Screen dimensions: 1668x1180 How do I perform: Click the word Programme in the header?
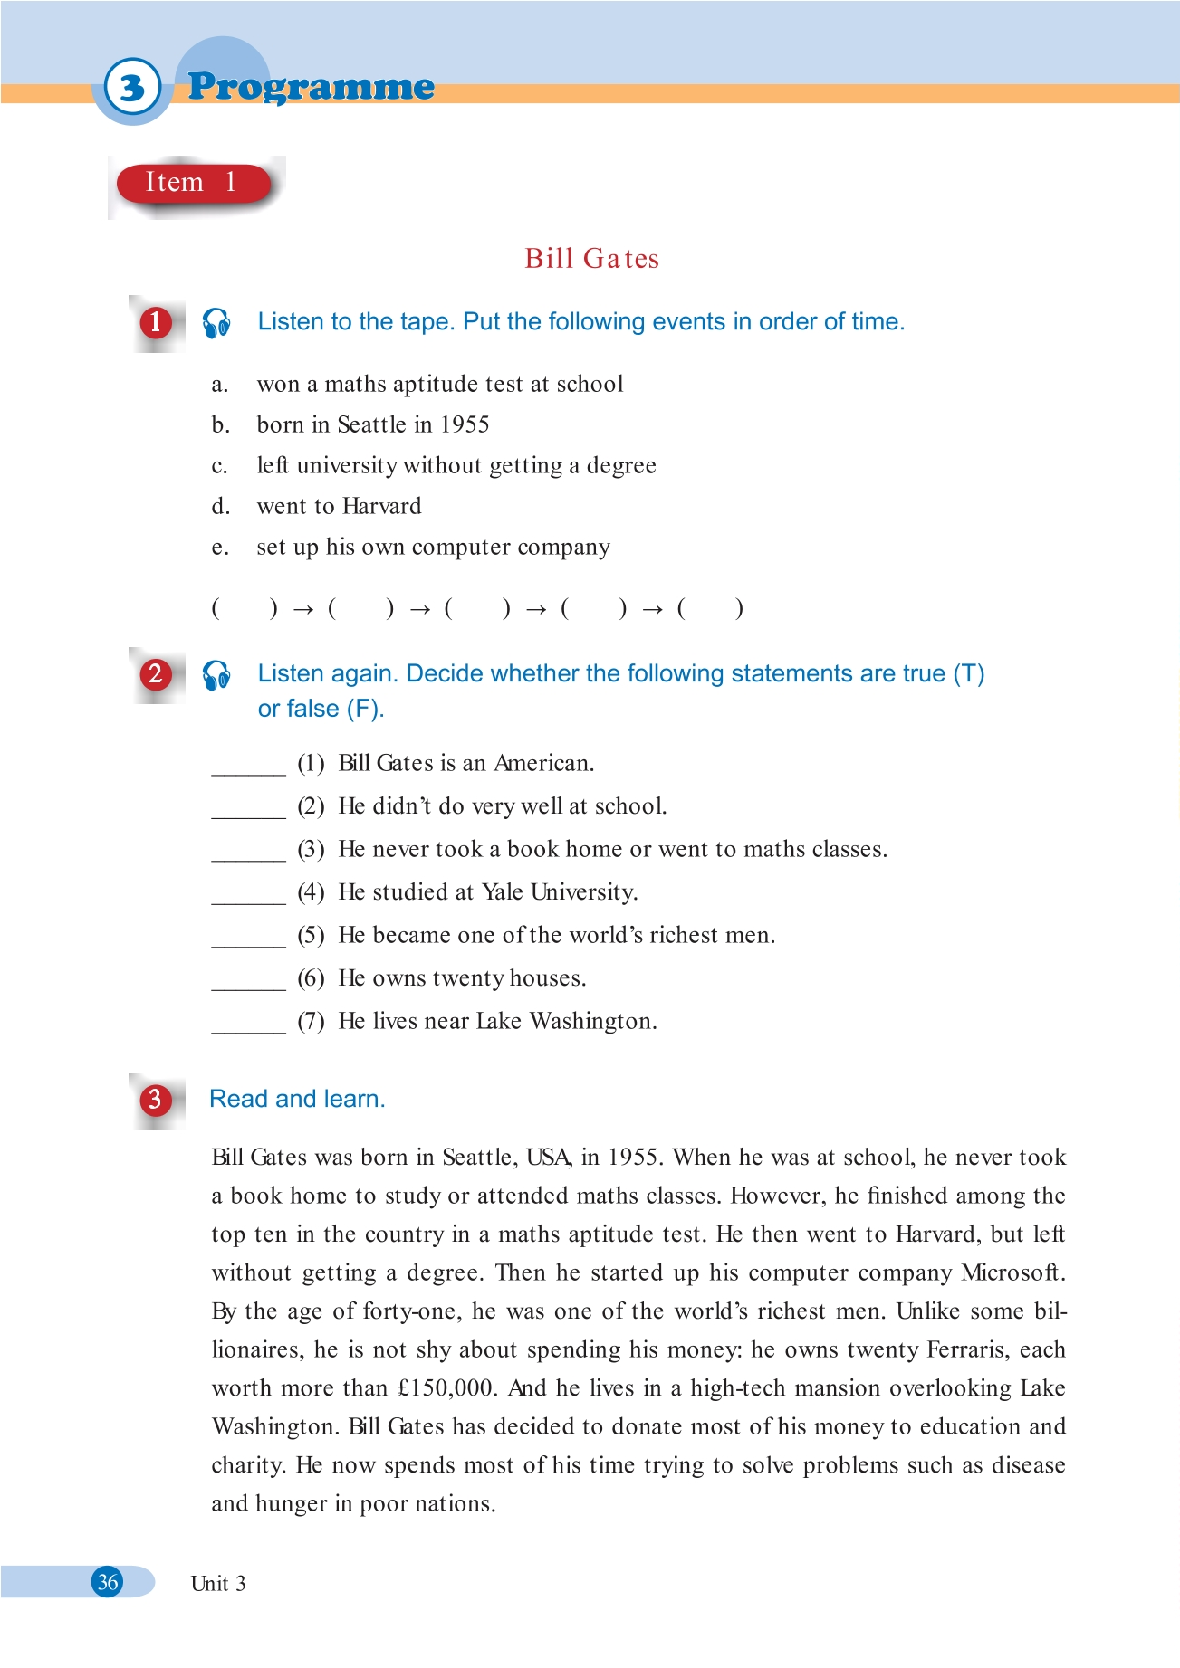(311, 87)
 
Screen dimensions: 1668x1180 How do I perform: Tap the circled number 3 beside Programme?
(132, 88)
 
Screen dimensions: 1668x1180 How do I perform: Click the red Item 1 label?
(193, 183)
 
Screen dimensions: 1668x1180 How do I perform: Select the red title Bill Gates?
(591, 259)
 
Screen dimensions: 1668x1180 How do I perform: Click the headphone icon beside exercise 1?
(216, 322)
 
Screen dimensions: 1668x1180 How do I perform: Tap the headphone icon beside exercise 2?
(216, 674)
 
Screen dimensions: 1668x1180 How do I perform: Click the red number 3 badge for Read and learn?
(155, 1100)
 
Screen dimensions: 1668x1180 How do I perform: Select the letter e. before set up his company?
(219, 548)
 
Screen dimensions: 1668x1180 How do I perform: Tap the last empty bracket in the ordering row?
(711, 609)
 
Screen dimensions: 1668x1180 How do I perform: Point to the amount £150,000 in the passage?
(448, 1388)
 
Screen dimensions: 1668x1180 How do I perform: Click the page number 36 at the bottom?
(108, 1582)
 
